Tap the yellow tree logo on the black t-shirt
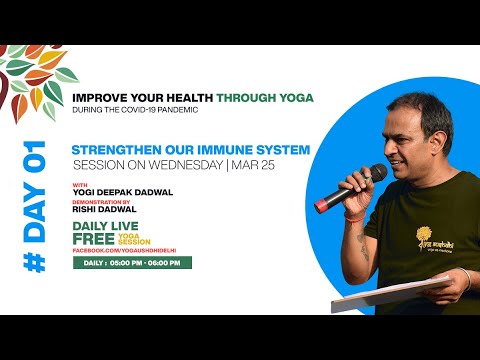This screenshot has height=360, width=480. click(433, 238)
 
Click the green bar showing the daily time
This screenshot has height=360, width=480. click(131, 263)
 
